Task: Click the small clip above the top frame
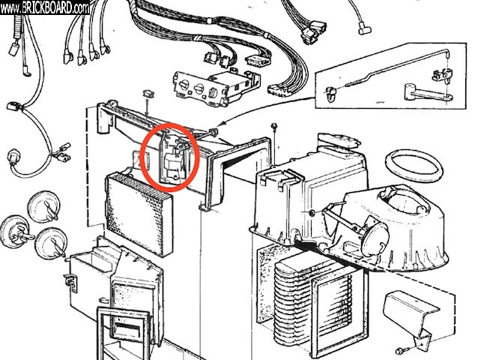click(150, 95)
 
